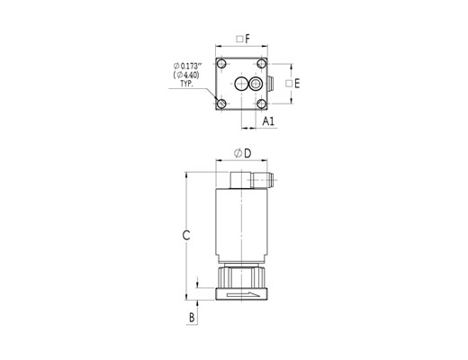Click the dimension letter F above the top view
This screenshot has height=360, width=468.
point(247,39)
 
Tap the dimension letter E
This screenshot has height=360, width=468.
point(297,84)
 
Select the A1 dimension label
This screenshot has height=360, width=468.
point(268,121)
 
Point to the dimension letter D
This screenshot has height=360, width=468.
point(247,154)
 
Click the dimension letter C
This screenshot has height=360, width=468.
point(186,236)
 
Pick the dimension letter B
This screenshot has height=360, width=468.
point(192,317)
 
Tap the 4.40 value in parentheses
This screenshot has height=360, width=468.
point(190,75)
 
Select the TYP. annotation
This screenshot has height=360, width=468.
point(186,84)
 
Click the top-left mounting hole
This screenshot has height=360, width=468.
point(221,64)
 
